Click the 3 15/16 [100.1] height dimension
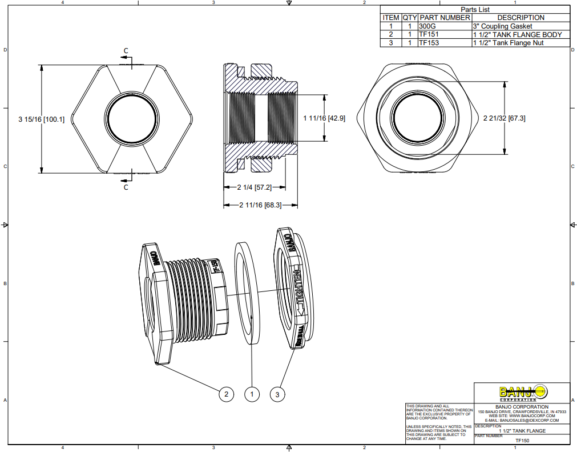[x=42, y=119]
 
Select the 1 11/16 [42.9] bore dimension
[x=324, y=118]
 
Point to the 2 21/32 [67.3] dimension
[x=504, y=118]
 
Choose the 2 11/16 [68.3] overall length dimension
[x=260, y=205]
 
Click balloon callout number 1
[x=252, y=394]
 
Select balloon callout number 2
[x=227, y=394]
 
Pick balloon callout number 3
[x=277, y=394]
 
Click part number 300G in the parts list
[x=426, y=26]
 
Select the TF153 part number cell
[x=429, y=43]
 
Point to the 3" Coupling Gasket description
[x=502, y=26]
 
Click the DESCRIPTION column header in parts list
[x=520, y=18]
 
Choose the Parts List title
[x=475, y=10]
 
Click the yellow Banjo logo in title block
[x=523, y=393]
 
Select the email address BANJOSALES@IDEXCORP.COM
[x=522, y=420]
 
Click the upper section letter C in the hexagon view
[x=126, y=51]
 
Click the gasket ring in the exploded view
[x=247, y=293]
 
